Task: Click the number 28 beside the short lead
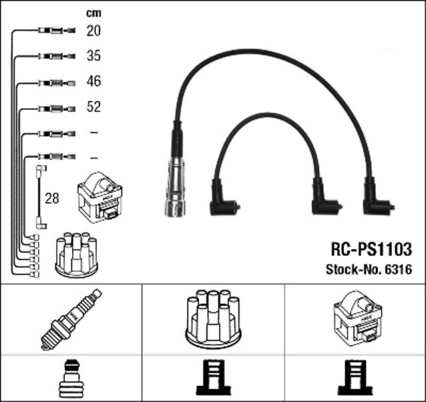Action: coord(51,199)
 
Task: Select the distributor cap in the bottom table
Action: coord(213,318)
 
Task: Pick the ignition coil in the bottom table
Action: coord(356,319)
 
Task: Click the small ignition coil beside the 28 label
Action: coord(100,197)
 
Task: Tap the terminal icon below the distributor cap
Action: coord(213,377)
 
